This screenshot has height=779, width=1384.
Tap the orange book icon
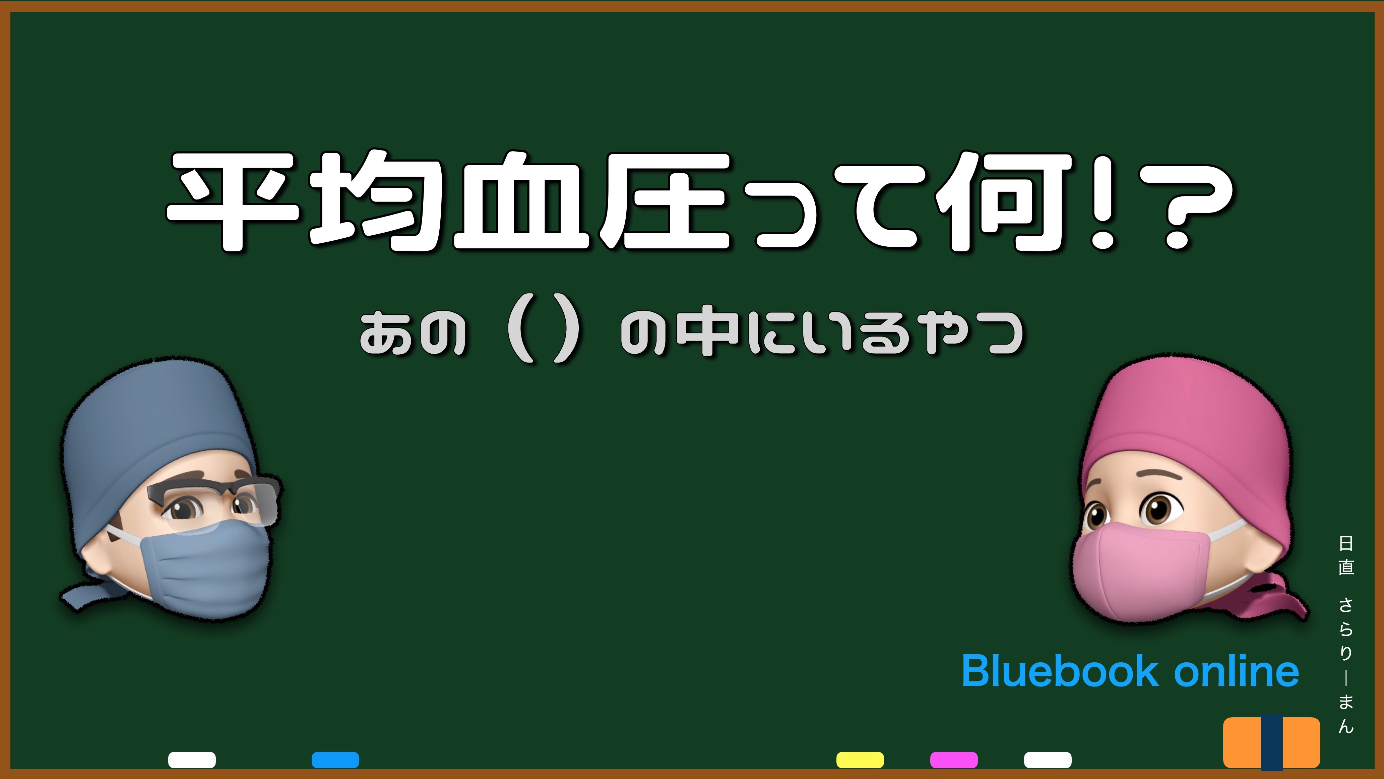tap(1271, 742)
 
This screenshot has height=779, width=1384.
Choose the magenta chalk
tap(954, 760)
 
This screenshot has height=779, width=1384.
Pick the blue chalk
tap(335, 760)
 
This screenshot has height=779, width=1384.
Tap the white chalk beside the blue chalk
tap(192, 760)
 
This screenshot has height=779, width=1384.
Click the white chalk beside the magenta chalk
tap(1048, 760)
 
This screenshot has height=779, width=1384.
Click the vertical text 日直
tap(1345, 555)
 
